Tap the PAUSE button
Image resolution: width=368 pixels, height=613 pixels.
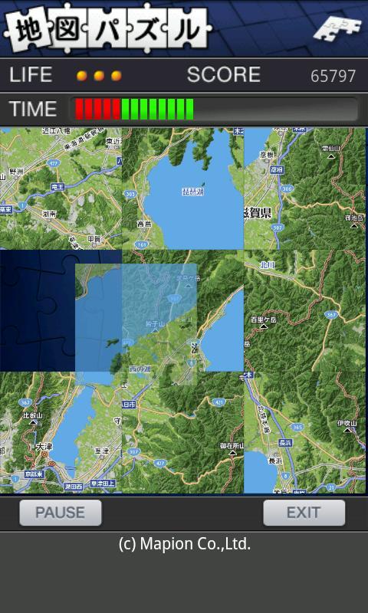coord(60,513)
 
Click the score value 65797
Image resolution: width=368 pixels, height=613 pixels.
coord(333,77)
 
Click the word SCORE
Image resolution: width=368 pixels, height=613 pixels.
coord(223,75)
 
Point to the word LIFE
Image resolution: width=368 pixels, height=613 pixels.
coord(31,75)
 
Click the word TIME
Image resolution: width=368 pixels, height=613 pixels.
coord(33,109)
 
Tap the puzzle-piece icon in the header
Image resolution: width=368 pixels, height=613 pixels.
coord(337,28)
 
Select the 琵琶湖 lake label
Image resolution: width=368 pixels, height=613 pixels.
coord(192,191)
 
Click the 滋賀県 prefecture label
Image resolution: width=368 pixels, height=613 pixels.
coord(258,212)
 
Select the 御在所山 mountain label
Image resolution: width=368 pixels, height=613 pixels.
coord(232,445)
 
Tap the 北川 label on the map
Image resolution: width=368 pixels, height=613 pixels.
coord(267,266)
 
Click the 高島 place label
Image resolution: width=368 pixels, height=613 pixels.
coord(143,224)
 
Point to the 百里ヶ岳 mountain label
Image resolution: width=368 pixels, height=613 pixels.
coord(263,318)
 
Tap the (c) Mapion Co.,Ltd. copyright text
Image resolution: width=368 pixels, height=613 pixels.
coord(184,544)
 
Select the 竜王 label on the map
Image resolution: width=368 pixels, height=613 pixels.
coord(57,187)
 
